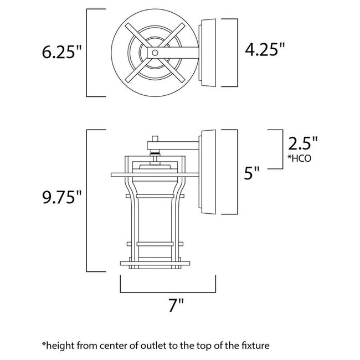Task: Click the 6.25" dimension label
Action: (61, 53)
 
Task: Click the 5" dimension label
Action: (252, 174)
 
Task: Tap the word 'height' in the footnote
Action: (61, 346)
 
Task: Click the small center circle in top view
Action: (155, 53)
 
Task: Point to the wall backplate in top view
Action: (208, 54)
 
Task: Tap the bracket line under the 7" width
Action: (168, 291)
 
